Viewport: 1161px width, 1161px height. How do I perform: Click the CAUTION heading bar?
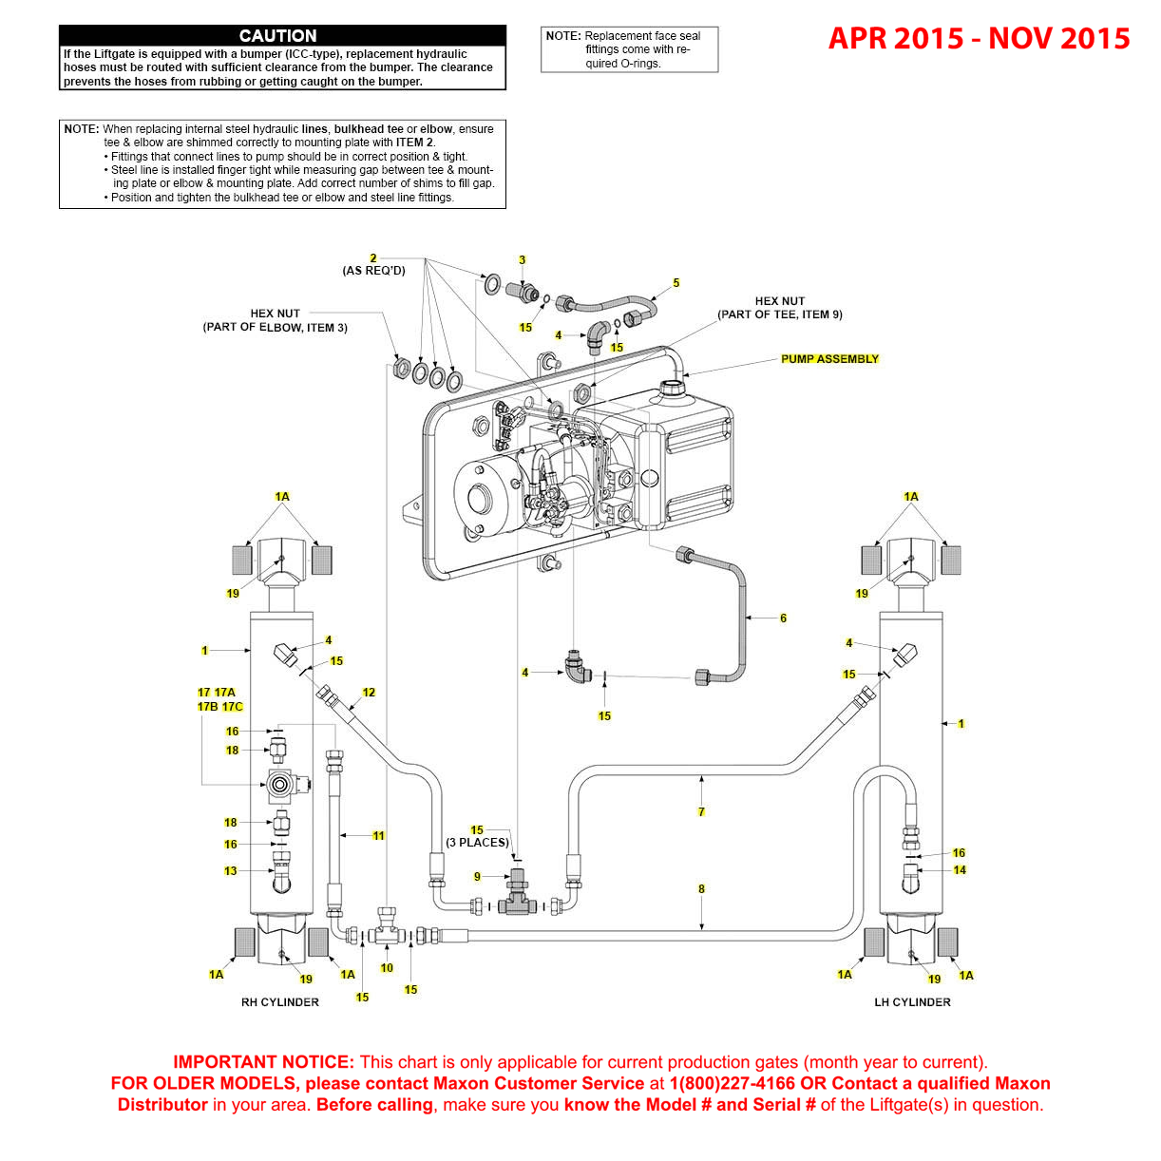coord(282,36)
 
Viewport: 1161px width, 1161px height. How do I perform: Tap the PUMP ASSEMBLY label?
coord(829,359)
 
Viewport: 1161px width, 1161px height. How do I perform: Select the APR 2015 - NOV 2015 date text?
coord(979,39)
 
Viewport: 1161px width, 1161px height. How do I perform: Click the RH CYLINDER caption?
coord(279,1002)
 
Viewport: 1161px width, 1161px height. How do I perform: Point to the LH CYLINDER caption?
coord(912,1002)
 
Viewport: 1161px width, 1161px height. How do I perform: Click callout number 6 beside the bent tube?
coord(783,619)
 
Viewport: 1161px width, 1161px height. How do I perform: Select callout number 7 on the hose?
coord(701,811)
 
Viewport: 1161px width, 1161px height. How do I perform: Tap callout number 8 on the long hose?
coord(701,889)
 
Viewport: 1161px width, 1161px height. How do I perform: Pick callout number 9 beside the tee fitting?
coord(477,877)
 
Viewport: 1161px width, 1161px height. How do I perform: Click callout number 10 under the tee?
coord(387,968)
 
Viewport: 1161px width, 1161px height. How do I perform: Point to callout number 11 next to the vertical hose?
coord(378,836)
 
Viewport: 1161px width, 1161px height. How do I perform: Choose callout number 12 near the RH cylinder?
coord(369,693)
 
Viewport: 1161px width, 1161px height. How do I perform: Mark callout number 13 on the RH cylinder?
coord(230,871)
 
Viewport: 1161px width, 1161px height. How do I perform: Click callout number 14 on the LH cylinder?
coord(960,870)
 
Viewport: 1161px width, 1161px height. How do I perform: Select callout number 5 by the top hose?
coord(676,283)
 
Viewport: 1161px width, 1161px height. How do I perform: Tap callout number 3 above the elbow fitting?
coord(522,260)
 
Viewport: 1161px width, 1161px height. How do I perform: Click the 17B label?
coord(207,707)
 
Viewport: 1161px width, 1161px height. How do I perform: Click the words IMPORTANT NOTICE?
coord(263,1062)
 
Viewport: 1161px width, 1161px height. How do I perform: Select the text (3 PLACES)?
coord(477,843)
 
